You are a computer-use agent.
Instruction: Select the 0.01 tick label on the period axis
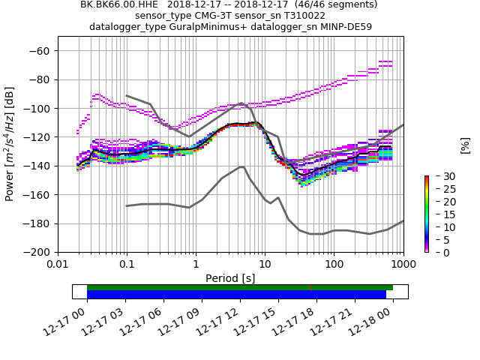point(58,265)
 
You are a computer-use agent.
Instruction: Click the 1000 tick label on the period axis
point(403,265)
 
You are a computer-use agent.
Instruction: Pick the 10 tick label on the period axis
point(265,265)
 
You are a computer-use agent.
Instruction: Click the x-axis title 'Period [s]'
point(230,278)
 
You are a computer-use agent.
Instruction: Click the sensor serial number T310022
point(304,15)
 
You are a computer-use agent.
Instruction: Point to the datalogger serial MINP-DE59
point(347,26)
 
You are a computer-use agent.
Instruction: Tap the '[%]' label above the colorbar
point(465,145)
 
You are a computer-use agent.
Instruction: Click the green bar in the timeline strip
point(240,287)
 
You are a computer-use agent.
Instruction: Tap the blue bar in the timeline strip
point(236,295)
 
